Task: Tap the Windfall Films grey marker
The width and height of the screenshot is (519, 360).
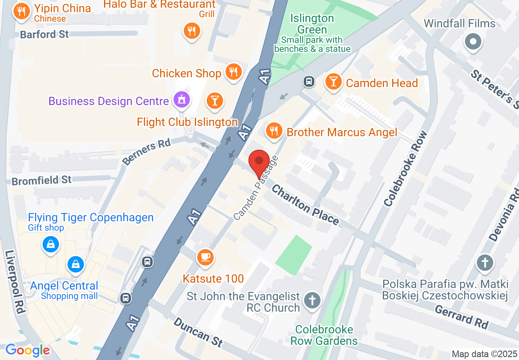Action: coord(474,41)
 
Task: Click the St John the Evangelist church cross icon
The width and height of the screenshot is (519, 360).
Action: coord(312,301)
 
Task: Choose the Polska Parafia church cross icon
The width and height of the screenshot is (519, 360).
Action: coord(485,262)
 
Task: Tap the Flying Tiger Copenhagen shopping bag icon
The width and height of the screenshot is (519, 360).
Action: coord(51,245)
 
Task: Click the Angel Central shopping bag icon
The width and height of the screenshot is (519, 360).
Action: coord(76,264)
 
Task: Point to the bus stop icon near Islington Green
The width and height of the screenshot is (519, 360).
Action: coord(309,81)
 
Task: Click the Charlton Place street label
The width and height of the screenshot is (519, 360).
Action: coord(305,205)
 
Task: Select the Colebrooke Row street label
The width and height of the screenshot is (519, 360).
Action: coord(405,168)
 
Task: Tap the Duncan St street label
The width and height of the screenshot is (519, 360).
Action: coord(198,332)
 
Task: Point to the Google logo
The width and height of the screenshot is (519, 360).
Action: coord(27,350)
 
